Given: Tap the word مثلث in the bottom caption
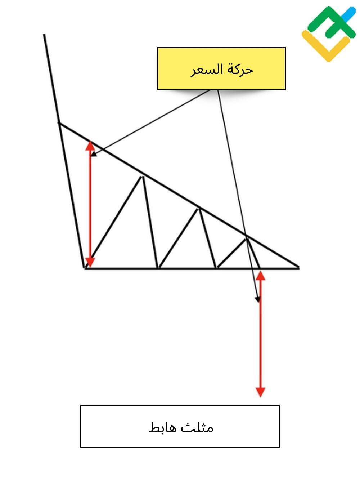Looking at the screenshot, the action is coord(197,427).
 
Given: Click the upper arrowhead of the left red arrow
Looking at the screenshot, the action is coord(90,146).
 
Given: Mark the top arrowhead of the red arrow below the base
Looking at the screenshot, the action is coord(260,276).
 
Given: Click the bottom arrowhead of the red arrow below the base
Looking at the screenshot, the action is coord(260,392).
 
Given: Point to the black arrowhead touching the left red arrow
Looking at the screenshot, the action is coord(94,154).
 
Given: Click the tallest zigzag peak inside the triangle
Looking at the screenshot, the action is coord(141,177).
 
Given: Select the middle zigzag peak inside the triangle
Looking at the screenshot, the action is coord(199,209).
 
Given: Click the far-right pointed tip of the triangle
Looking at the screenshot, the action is coord(299,268).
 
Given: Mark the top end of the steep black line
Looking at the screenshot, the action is coord(44,35).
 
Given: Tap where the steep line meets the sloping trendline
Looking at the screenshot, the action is coord(59,123).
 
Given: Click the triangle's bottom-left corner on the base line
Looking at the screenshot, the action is coord(85,268).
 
